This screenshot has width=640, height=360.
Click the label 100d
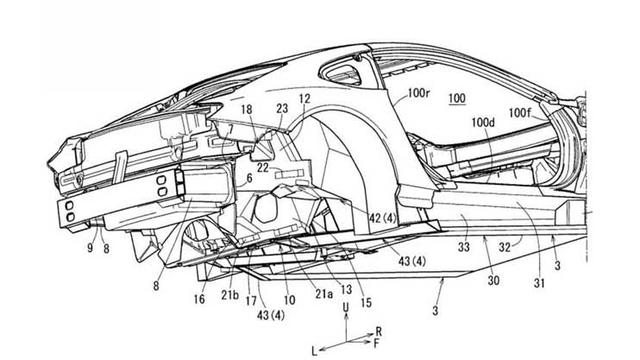(485, 124)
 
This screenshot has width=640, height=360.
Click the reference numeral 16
(199, 298)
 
